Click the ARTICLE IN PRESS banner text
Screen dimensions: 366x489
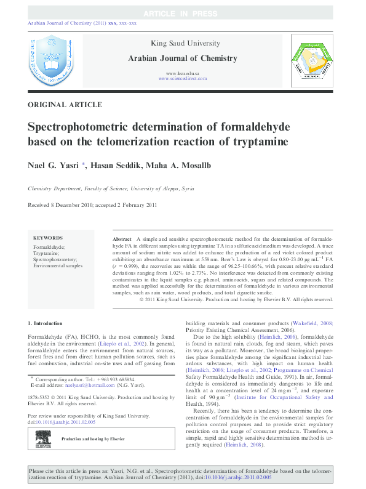pyautogui.click(x=182, y=13)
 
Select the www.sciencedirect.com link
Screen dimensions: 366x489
pyautogui.click(x=182, y=79)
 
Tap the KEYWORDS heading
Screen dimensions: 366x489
pyautogui.click(x=48, y=237)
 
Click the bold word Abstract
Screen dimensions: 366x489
pyautogui.click(x=122, y=238)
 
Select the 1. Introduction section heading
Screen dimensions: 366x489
pyautogui.click(x=46, y=323)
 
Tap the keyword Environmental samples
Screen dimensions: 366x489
pyautogui.click(x=57, y=265)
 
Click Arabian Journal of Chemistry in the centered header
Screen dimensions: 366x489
pyautogui.click(x=182, y=59)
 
